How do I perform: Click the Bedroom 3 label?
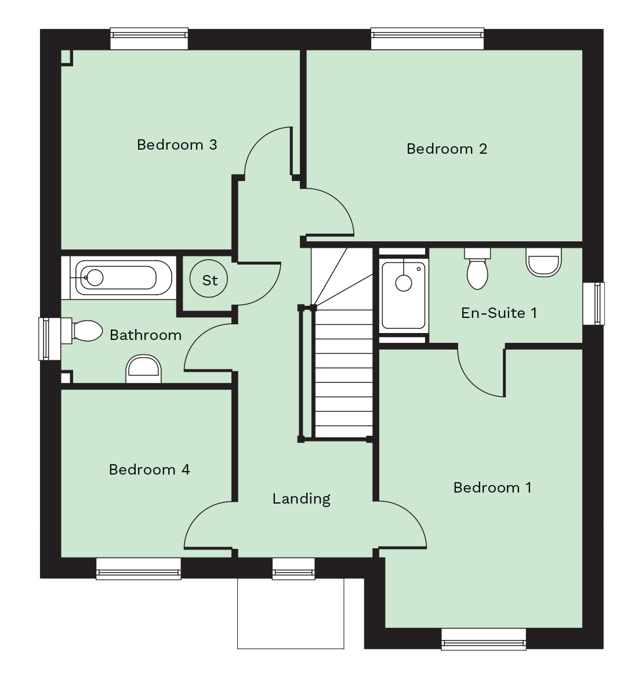(x=177, y=144)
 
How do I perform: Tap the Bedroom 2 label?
(x=447, y=149)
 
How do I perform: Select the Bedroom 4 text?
(x=149, y=469)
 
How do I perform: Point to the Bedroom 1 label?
(x=492, y=487)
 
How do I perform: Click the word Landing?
(x=302, y=499)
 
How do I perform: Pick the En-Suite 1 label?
(x=499, y=313)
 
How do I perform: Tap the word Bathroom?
(x=146, y=335)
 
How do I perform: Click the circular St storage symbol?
(x=209, y=279)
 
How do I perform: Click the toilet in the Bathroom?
(x=82, y=331)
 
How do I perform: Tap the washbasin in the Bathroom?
(x=143, y=369)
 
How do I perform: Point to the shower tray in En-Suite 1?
(x=403, y=295)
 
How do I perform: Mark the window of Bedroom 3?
(x=149, y=39)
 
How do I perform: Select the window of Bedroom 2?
(x=427, y=39)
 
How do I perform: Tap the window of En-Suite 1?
(x=594, y=303)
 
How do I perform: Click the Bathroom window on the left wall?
(x=50, y=339)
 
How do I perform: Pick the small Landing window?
(x=293, y=569)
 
